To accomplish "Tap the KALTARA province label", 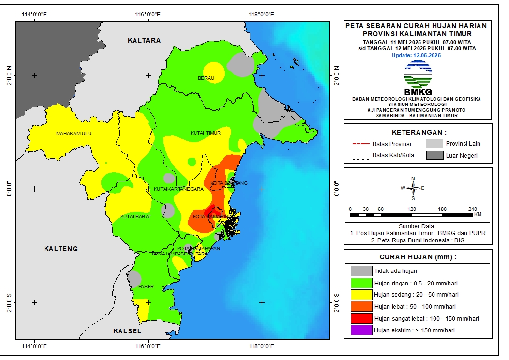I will (x=144, y=40).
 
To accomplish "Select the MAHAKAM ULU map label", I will (x=74, y=134).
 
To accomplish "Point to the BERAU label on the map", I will (x=206, y=78).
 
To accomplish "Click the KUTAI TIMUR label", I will (x=206, y=133).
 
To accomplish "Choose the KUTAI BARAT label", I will (x=135, y=216).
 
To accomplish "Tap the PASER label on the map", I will (x=146, y=286).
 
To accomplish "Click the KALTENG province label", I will (x=61, y=249).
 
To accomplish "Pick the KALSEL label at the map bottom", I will (x=127, y=331).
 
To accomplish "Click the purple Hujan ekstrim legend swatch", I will (x=361, y=331).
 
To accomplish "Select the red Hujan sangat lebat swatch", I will (x=361, y=319).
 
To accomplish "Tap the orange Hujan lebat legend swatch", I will (x=361, y=307).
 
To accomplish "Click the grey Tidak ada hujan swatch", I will (x=361, y=270).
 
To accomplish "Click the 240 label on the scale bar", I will (x=473, y=209).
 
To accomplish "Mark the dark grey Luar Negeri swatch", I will (x=434, y=155).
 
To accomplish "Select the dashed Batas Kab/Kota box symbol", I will (x=360, y=155).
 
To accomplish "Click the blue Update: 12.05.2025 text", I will (x=416, y=55).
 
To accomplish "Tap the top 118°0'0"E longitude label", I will (x=262, y=14).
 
